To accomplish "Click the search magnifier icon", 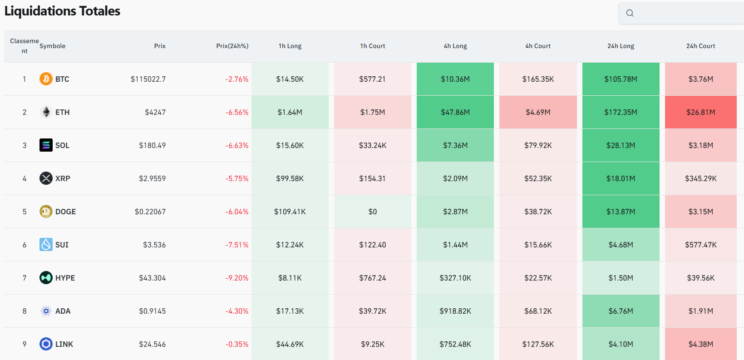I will pyautogui.click(x=630, y=13).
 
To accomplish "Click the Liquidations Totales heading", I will pyautogui.click(x=62, y=11).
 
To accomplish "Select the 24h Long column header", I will pyautogui.click(x=621, y=46).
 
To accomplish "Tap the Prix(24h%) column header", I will pyautogui.click(x=232, y=46).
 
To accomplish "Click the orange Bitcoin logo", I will pyautogui.click(x=46, y=79).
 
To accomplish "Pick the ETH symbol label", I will pyautogui.click(x=62, y=112).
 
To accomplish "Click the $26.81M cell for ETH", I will pyautogui.click(x=700, y=112).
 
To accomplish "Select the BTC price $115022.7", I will pyautogui.click(x=148, y=79).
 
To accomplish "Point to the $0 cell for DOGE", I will pyautogui.click(x=372, y=212).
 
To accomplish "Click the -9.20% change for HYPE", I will pyautogui.click(x=237, y=278).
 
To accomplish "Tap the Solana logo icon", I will pyautogui.click(x=46, y=145).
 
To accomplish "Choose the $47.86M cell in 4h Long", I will pyautogui.click(x=455, y=112).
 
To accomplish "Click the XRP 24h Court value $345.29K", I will pyautogui.click(x=700, y=178).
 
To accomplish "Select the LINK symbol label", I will pyautogui.click(x=64, y=344).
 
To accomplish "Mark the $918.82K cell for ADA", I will pyautogui.click(x=455, y=311).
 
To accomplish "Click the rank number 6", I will pyautogui.click(x=25, y=245).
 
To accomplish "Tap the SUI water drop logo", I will pyautogui.click(x=46, y=245).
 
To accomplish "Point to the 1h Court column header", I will pyautogui.click(x=372, y=46).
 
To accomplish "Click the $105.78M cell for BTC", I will pyautogui.click(x=621, y=79).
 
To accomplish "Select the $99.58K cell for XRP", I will pyautogui.click(x=290, y=178).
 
